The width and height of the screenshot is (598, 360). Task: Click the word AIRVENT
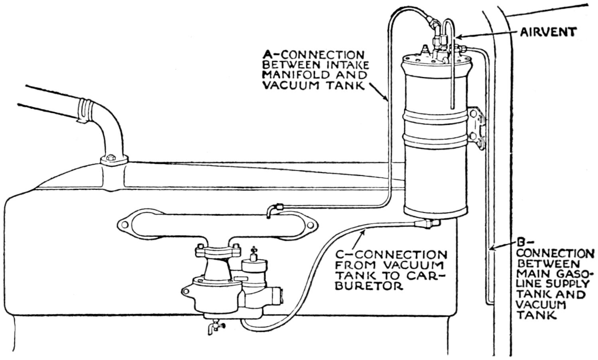(x=548, y=32)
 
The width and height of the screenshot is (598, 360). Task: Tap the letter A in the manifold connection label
(x=267, y=55)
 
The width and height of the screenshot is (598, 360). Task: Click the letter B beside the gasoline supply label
(x=520, y=242)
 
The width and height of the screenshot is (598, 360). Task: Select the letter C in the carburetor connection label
(x=339, y=255)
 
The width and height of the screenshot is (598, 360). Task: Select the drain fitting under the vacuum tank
(x=427, y=224)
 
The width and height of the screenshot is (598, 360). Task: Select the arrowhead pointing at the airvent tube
(x=457, y=37)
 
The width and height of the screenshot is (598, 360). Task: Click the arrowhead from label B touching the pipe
(x=492, y=249)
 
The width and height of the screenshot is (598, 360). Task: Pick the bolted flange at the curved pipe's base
(x=114, y=160)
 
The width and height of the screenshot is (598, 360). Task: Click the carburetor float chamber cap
(x=254, y=264)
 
